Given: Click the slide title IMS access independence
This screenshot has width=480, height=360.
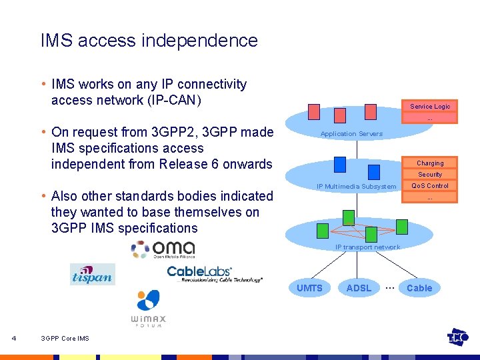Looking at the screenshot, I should pos(149,41).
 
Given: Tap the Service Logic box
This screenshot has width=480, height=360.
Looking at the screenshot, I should pos(430,107).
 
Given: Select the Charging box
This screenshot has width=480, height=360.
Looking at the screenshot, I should pos(430,163).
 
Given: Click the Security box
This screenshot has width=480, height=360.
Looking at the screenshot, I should pos(430,175).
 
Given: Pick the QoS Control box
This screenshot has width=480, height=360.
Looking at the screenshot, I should pos(430,186).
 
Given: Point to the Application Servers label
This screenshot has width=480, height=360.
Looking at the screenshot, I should pos(351,134).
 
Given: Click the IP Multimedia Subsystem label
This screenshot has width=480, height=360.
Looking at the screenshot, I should pos(356,187).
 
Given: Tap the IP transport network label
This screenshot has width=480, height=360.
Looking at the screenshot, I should pos(367,247).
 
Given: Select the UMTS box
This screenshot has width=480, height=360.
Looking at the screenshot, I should pos(309,288).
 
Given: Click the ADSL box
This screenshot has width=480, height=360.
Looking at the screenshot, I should pos(359,288).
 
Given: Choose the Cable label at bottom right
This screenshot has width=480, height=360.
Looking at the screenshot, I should pos(419,288).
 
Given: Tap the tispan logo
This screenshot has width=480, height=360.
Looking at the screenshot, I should pos(92,274).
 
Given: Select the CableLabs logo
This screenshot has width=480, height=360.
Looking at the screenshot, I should pos(214,273).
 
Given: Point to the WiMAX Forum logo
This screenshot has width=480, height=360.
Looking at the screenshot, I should pos(148,309).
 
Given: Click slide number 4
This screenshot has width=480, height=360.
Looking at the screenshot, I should pos(14,338).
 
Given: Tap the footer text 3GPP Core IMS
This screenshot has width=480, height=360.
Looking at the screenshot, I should pos(65,339).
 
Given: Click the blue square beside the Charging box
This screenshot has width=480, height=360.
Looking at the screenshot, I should pos(340,164).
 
